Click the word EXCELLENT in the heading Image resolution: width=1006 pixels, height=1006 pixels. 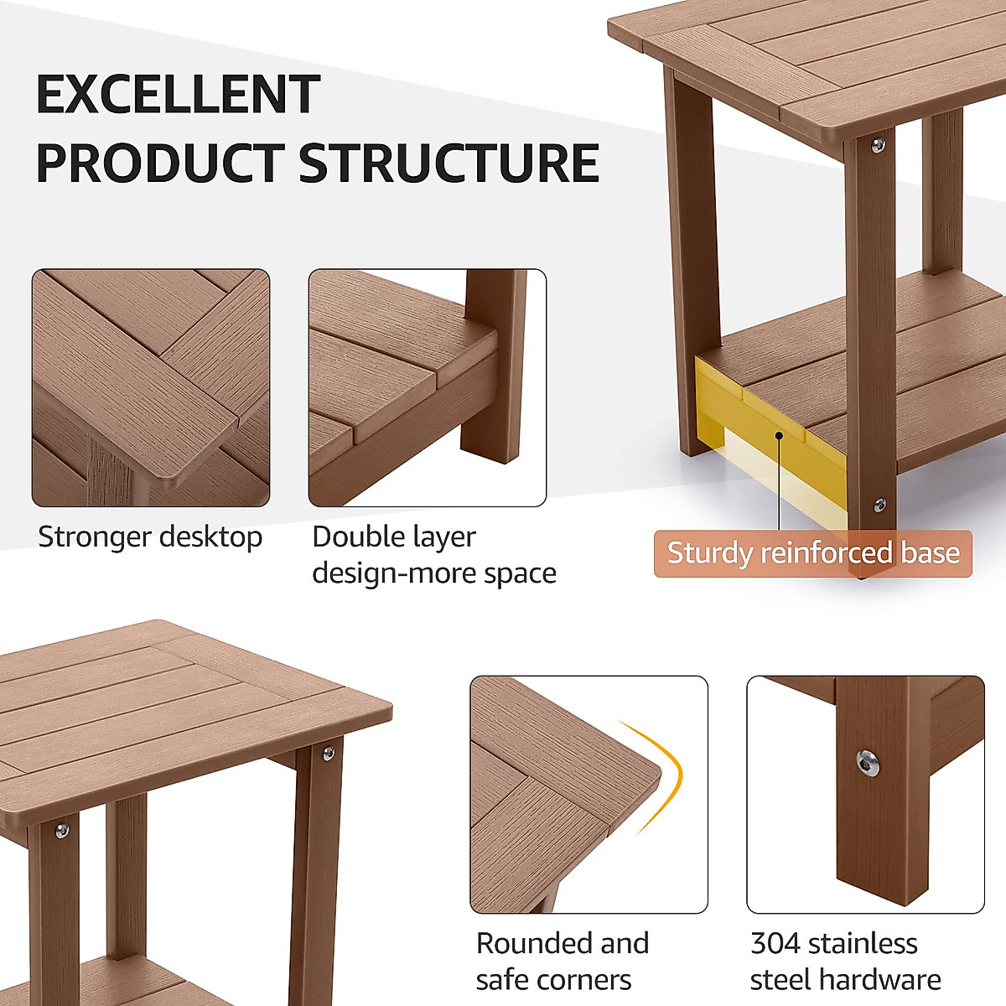coord(178,94)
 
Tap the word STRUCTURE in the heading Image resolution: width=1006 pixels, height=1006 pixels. coord(449,163)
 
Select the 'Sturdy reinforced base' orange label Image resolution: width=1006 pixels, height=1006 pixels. coord(812,553)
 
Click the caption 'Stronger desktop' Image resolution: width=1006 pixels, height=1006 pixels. coord(150,537)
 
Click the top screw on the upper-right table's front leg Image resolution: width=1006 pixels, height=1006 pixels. coord(878,146)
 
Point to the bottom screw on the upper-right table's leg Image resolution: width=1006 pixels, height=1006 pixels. coord(879,505)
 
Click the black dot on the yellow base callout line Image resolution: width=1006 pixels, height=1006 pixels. coord(780,434)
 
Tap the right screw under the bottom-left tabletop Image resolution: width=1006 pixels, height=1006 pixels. coord(327,753)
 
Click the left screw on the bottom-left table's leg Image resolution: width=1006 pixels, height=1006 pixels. coord(61,830)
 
